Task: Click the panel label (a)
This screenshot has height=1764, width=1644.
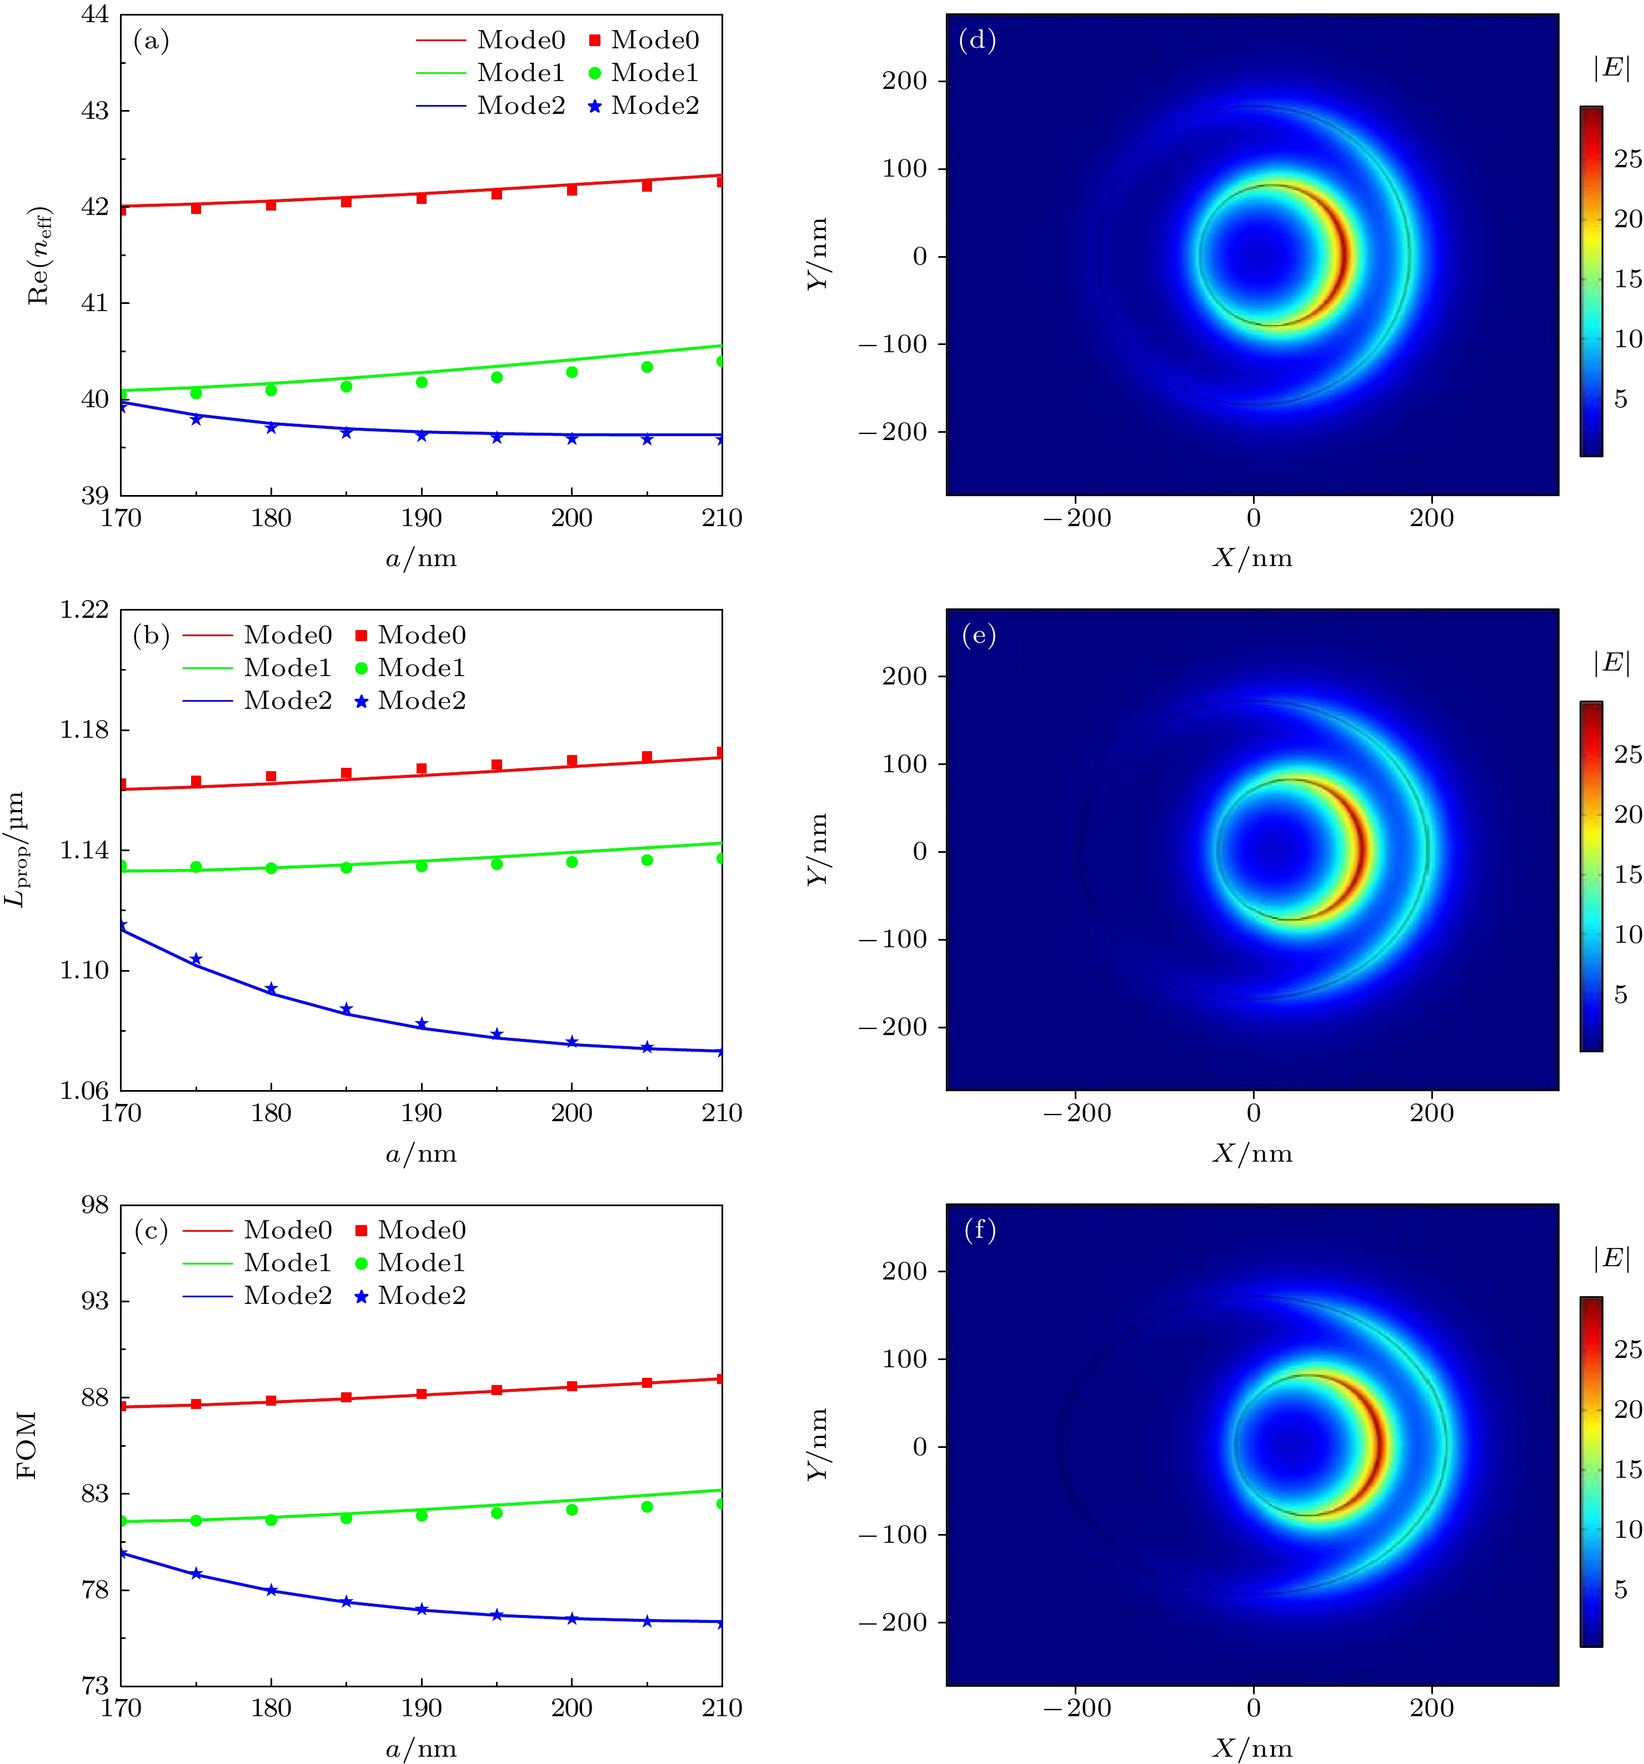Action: tap(151, 41)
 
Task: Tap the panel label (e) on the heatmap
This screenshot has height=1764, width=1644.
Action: tap(979, 636)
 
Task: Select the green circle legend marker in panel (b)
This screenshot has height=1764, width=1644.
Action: tap(361, 668)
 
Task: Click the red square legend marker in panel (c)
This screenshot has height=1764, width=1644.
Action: tap(361, 1231)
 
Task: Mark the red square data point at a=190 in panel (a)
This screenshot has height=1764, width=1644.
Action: tap(422, 198)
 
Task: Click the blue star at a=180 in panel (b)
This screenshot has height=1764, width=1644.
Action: tap(272, 988)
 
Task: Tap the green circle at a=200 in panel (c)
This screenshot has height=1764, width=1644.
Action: tap(572, 1510)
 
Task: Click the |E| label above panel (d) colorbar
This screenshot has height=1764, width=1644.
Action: tap(1612, 68)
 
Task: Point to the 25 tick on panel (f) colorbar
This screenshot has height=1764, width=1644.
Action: tap(1628, 1349)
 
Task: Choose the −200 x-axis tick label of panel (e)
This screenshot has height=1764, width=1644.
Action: tap(1076, 1113)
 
